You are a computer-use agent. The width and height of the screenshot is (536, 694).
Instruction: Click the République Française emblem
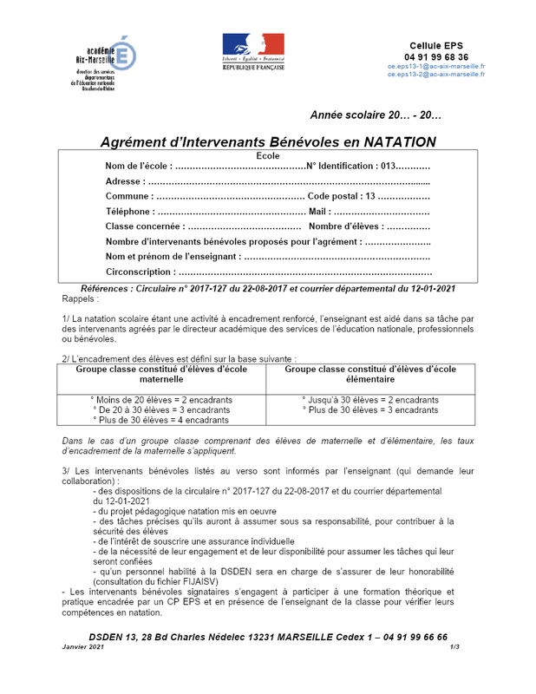pos(253,51)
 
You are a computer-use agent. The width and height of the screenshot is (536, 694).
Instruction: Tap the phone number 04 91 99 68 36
pos(436,56)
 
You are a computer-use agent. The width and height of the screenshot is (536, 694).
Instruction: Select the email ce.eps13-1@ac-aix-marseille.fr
pos(436,66)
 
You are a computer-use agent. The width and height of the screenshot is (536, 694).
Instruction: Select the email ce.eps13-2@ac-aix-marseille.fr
pos(436,75)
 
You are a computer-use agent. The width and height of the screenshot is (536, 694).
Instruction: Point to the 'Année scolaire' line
pos(376,115)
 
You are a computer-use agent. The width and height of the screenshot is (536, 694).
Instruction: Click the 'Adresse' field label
pos(125,181)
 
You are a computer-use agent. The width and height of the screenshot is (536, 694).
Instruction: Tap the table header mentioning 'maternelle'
pos(161,373)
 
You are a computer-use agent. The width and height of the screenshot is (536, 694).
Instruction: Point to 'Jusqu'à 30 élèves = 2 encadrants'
pos(369,400)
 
